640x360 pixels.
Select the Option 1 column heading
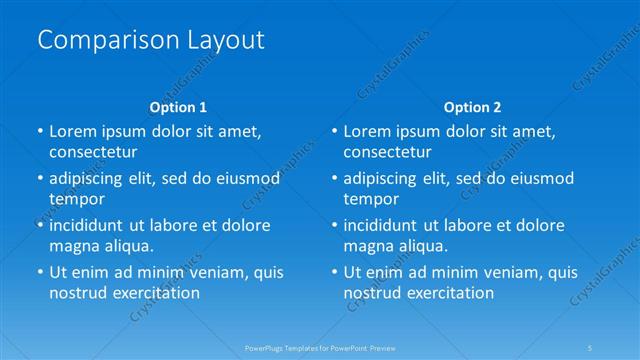click(x=178, y=106)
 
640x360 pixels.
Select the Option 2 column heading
click(x=473, y=106)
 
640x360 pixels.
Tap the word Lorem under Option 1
click(x=71, y=131)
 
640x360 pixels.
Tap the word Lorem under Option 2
click(x=366, y=131)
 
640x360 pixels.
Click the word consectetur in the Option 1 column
click(x=93, y=152)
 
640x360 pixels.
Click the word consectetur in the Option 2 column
click(x=388, y=152)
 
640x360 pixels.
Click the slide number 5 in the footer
click(x=591, y=347)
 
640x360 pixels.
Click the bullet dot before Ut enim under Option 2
click(x=334, y=272)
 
